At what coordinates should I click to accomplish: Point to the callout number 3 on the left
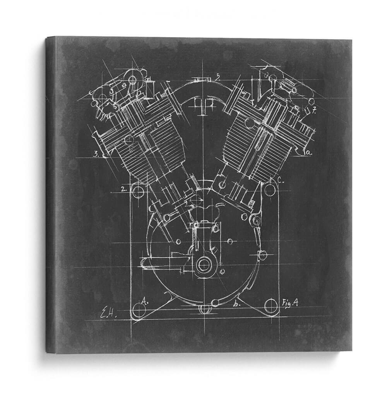click(96, 154)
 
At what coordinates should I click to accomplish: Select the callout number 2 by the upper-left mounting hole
click(123, 189)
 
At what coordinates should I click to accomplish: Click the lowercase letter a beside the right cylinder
click(308, 152)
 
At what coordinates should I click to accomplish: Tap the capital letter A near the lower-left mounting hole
click(143, 300)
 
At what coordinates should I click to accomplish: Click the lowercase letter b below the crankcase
click(236, 304)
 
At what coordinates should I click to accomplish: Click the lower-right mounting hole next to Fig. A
click(271, 306)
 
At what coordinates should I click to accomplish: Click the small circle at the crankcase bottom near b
click(215, 302)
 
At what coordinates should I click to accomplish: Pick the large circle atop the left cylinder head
click(133, 80)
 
